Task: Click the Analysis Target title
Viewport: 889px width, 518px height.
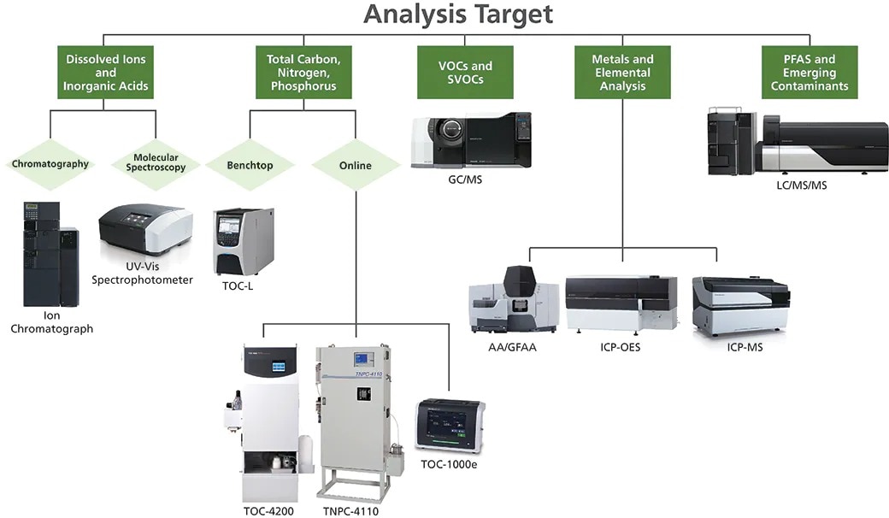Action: point(457,15)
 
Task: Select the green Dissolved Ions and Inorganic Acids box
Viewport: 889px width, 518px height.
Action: point(106,73)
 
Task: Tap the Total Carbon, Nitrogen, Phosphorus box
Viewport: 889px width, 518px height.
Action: point(303,73)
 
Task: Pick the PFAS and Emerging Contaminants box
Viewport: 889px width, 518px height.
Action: point(809,73)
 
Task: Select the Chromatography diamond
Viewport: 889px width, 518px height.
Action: point(50,164)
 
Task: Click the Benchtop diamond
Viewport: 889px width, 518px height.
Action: point(250,165)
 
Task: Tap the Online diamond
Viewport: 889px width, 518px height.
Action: point(355,165)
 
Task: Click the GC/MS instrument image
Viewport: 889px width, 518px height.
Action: point(471,140)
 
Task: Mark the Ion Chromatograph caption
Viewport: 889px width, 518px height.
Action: point(51,322)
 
